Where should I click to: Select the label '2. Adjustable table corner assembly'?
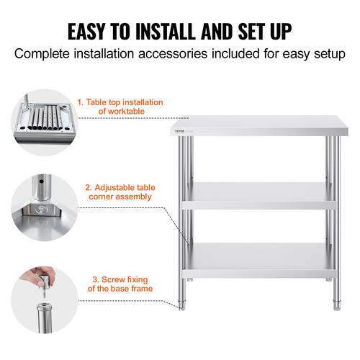[x=120, y=191]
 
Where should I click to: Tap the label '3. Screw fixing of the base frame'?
[x=121, y=283]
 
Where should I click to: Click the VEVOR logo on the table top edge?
[x=179, y=130]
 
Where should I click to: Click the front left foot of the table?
[x=182, y=306]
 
